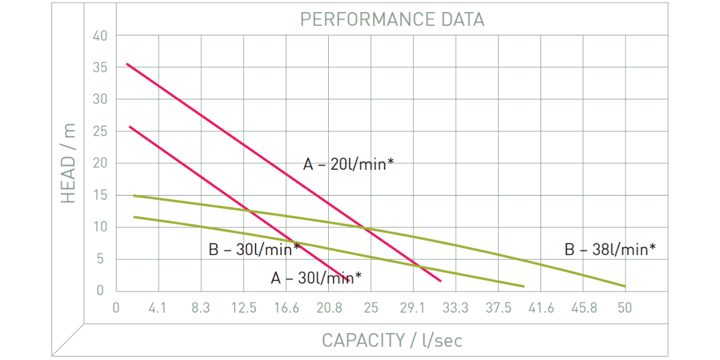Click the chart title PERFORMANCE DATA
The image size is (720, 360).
[392, 20]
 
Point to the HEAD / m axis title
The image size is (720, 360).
[70, 163]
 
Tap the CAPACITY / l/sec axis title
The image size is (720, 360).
[392, 341]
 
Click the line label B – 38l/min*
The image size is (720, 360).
[610, 250]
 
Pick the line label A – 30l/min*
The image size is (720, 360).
[316, 278]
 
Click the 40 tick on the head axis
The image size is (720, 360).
[100, 36]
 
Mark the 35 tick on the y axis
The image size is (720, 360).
[100, 68]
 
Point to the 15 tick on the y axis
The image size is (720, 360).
[100, 196]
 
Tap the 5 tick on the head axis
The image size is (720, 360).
[103, 259]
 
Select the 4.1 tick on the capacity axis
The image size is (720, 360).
[157, 308]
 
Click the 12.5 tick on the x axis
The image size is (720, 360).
[244, 308]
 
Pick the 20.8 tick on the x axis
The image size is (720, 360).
[329, 308]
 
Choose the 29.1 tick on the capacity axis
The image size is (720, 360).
[413, 308]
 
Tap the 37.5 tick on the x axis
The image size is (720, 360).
[499, 308]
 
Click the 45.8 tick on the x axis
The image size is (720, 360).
[584, 308]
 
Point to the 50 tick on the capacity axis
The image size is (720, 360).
[625, 308]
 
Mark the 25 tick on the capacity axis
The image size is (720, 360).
[371, 308]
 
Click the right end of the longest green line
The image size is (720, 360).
[625, 286]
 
